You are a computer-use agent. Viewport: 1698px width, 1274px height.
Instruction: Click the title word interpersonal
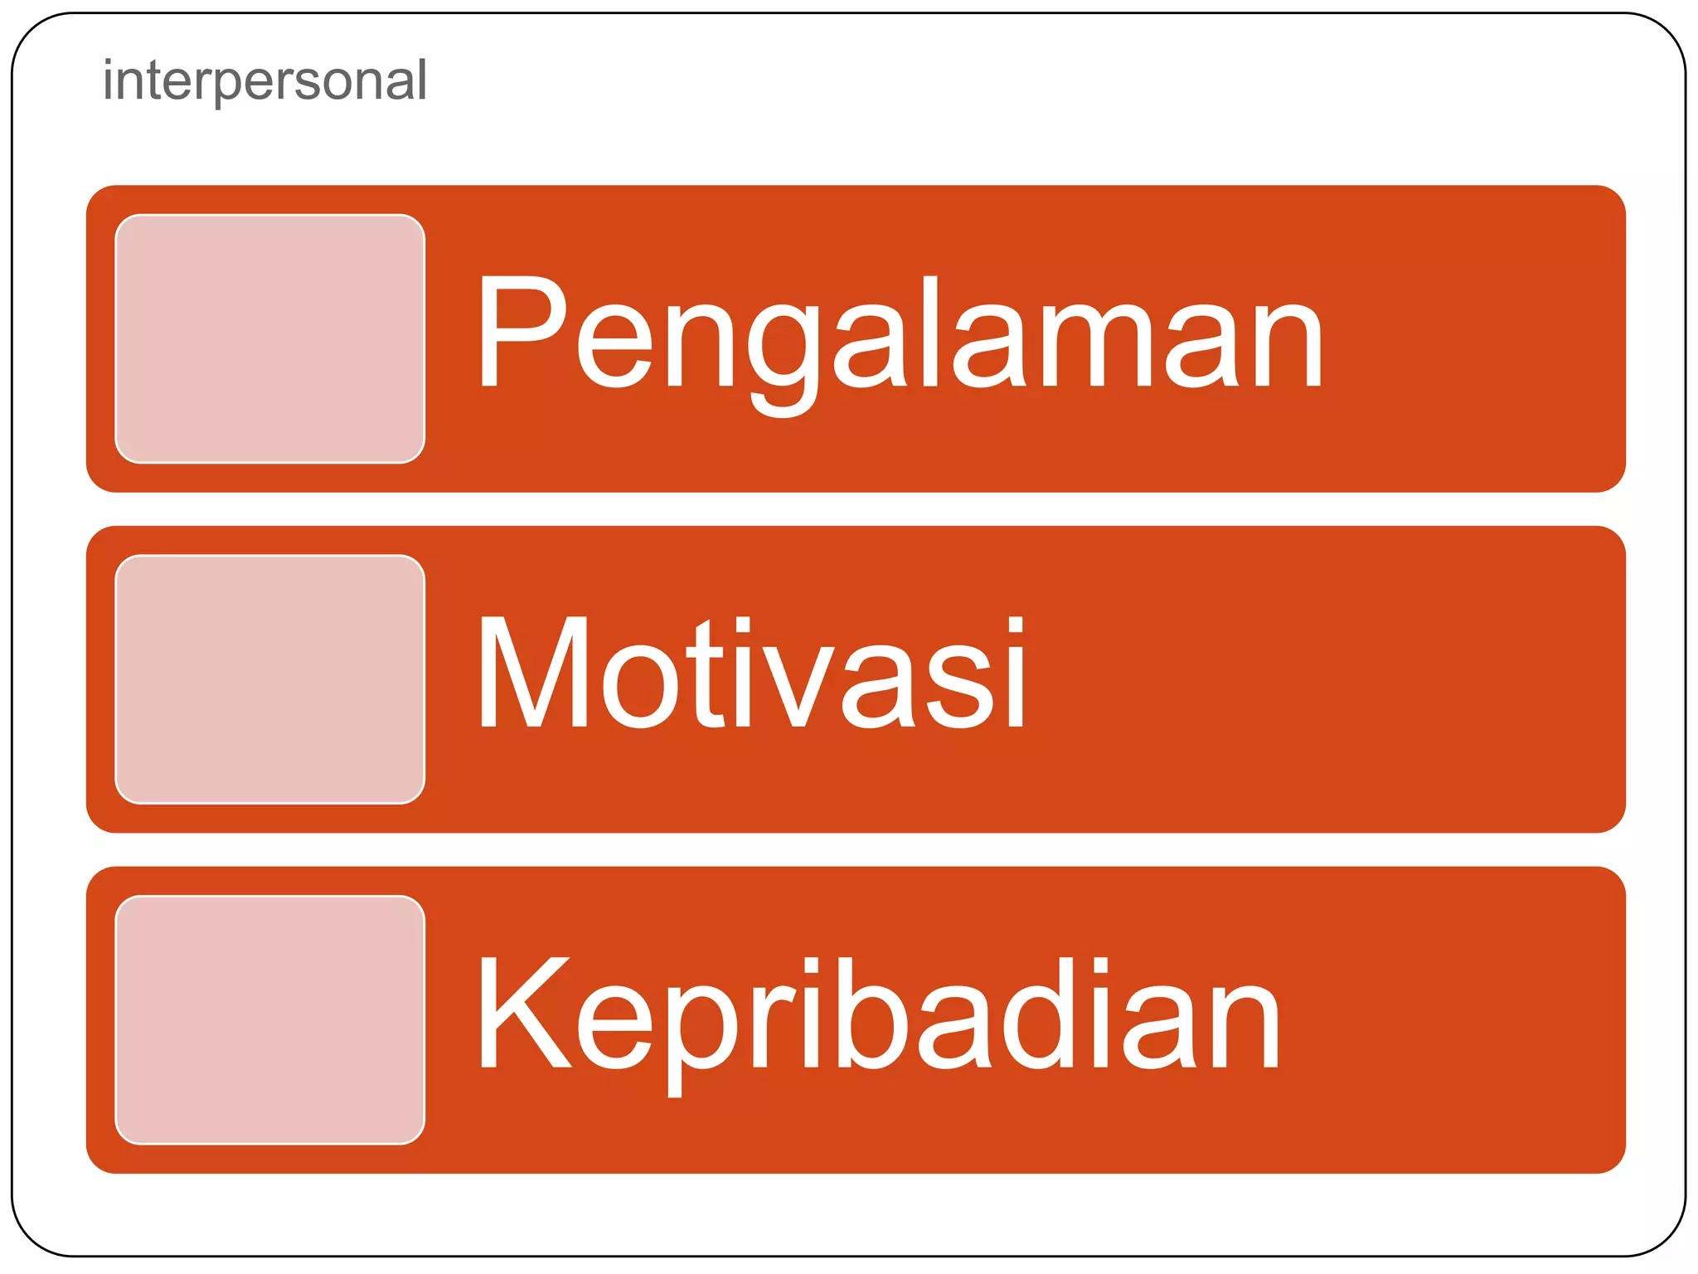point(264,80)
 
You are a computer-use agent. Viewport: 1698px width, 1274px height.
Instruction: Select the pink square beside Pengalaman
point(270,338)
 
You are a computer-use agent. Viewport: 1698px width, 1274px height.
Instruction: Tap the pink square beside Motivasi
point(270,679)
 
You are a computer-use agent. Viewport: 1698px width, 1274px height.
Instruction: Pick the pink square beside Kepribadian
point(270,1019)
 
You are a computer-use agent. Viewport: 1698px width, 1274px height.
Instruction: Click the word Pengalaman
point(900,336)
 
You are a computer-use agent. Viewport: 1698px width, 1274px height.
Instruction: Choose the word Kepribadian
point(879,1016)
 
